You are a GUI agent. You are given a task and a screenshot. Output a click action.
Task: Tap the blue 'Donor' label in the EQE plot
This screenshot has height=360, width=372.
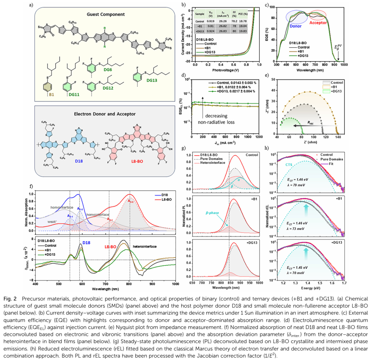coord(295,25)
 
